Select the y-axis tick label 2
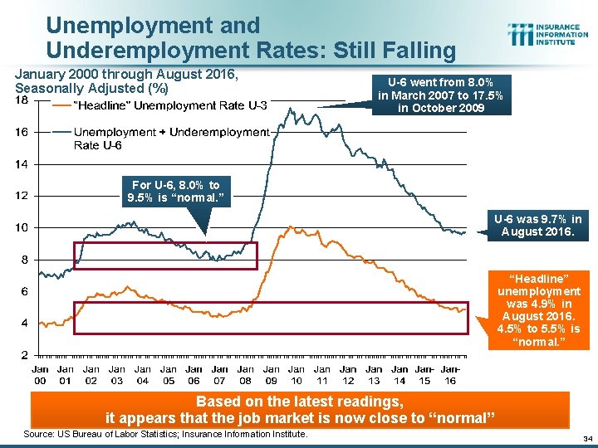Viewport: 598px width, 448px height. (x=24, y=354)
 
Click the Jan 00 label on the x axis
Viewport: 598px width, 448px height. (x=40, y=375)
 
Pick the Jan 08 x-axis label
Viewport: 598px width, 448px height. (x=246, y=375)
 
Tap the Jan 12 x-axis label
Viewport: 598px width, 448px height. (x=348, y=375)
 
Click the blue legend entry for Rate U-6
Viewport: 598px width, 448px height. (x=162, y=139)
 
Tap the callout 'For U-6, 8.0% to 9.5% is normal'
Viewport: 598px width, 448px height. (x=175, y=192)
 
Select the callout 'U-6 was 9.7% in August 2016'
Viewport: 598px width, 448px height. (x=538, y=225)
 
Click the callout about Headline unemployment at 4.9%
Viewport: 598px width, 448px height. (x=538, y=309)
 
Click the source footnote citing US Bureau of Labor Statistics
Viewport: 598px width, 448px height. (x=166, y=434)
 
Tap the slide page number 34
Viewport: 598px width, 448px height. (x=586, y=438)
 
